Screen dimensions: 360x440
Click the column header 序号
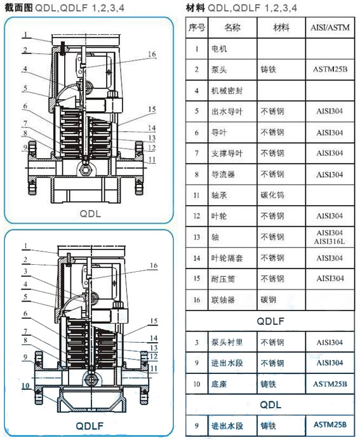(x=197, y=27)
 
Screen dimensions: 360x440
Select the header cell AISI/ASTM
(x=330, y=27)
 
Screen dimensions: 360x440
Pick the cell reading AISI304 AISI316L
(x=330, y=237)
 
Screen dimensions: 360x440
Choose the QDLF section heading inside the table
(x=270, y=321)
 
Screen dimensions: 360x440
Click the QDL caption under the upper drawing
(x=90, y=214)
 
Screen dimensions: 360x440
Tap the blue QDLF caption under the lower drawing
(x=90, y=426)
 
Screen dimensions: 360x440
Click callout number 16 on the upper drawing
(x=152, y=54)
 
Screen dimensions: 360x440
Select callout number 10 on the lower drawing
(x=25, y=385)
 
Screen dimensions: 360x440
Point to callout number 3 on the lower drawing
(x=25, y=271)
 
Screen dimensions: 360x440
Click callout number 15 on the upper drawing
(x=152, y=109)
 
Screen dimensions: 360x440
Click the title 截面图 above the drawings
(x=18, y=8)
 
